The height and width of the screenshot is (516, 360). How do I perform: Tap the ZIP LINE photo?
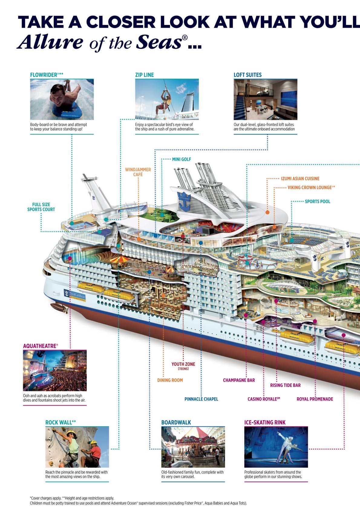click(167, 99)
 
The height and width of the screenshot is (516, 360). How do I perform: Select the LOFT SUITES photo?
click(265, 99)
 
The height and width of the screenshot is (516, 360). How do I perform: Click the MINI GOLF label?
click(182, 159)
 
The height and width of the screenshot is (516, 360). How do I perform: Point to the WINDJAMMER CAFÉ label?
click(138, 172)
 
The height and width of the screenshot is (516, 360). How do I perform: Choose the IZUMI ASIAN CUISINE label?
click(300, 179)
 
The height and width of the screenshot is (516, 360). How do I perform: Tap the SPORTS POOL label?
click(317, 202)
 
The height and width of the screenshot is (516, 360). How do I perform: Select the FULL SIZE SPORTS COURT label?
click(41, 207)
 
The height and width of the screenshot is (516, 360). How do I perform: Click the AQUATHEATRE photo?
click(55, 370)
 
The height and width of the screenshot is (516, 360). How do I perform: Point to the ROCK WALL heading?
click(61, 422)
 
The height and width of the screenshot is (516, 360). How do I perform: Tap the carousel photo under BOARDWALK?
click(193, 447)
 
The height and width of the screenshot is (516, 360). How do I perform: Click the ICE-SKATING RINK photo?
click(276, 447)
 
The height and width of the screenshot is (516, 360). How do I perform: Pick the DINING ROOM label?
click(170, 380)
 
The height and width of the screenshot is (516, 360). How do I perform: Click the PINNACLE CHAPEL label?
click(201, 399)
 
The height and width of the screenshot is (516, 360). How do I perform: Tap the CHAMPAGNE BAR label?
click(239, 380)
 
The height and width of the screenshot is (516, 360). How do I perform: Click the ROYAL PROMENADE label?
click(315, 399)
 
